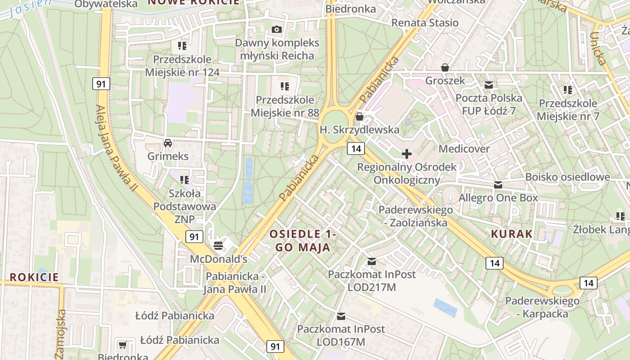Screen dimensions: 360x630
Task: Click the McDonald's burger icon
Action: pyautogui.click(x=218, y=245)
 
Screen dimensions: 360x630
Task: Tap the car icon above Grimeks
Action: pyautogui.click(x=168, y=143)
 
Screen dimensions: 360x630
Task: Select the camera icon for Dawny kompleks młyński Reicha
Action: pyautogui.click(x=277, y=30)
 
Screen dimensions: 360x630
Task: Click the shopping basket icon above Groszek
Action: pyautogui.click(x=445, y=67)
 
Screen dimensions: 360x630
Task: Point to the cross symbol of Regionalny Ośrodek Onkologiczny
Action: pyautogui.click(x=407, y=154)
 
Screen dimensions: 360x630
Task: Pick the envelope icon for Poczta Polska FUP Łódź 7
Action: pyautogui.click(x=489, y=85)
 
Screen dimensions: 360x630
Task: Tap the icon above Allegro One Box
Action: pyautogui.click(x=498, y=184)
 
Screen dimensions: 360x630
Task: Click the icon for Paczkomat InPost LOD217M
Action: pyautogui.click(x=372, y=261)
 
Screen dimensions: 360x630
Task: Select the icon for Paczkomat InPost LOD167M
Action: pyautogui.click(x=341, y=316)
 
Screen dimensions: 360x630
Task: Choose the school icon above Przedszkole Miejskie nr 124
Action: pyautogui.click(x=182, y=45)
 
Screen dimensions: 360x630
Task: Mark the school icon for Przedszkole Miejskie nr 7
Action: pyautogui.click(x=568, y=90)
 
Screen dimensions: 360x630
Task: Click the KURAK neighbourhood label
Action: pyautogui.click(x=512, y=234)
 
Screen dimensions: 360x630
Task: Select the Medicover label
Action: pyautogui.click(x=464, y=148)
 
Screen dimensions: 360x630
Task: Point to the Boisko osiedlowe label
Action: pyautogui.click(x=567, y=177)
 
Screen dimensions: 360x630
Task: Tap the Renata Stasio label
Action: pyautogui.click(x=425, y=22)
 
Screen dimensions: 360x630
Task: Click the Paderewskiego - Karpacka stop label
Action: pyautogui.click(x=542, y=307)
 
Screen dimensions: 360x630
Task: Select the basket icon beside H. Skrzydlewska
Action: pyautogui.click(x=360, y=117)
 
